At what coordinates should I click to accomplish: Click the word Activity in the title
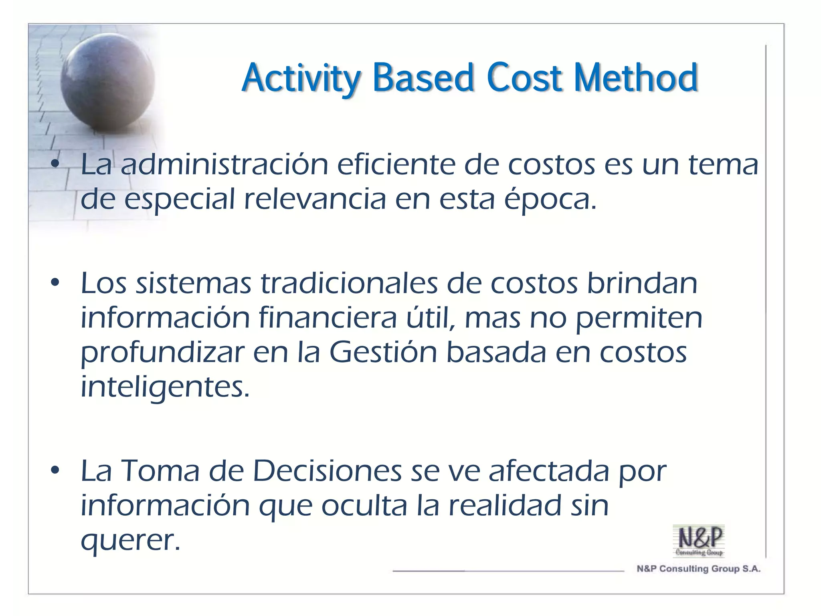(301, 78)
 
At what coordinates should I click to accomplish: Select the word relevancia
(315, 199)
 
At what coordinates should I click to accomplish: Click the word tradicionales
(349, 283)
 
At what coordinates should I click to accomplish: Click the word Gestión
(383, 353)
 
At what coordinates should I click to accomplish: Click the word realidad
(505, 505)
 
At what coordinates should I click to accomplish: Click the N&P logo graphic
(699, 541)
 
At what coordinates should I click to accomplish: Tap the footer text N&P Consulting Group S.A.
(698, 569)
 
